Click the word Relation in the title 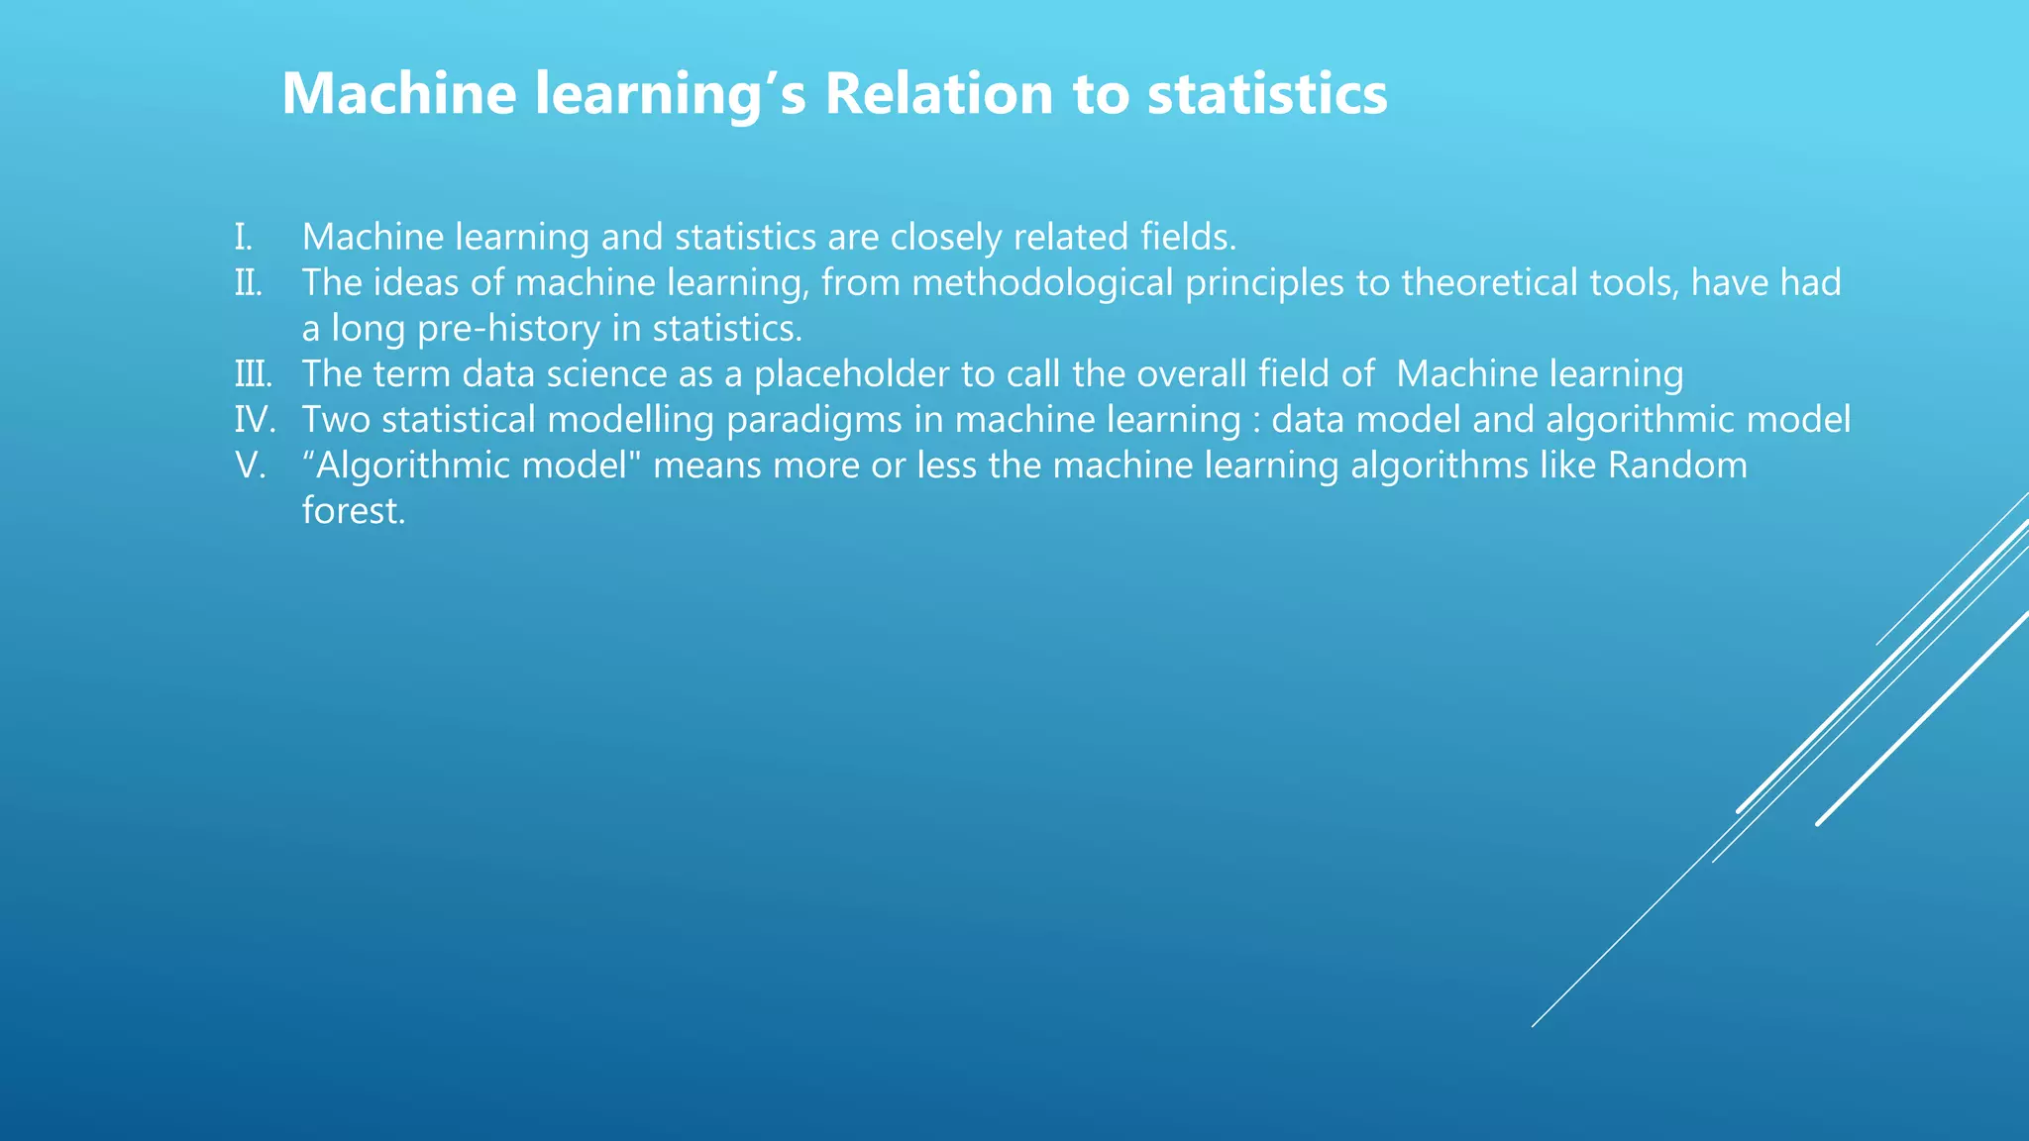tap(939, 94)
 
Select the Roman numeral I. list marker tap(244, 238)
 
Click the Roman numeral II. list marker tap(249, 283)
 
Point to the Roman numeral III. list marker tap(253, 374)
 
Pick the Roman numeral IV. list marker tap(255, 420)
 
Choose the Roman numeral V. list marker tap(251, 466)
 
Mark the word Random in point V tap(1677, 466)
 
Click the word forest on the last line tap(354, 511)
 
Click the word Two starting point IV tap(336, 420)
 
